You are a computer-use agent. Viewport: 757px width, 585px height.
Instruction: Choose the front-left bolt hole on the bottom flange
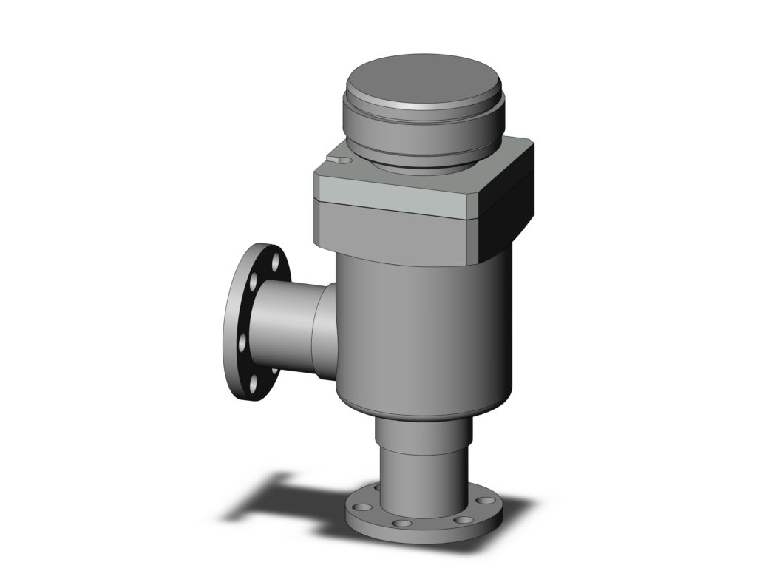point(400,524)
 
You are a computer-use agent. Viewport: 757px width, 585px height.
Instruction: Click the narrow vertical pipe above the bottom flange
point(421,466)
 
